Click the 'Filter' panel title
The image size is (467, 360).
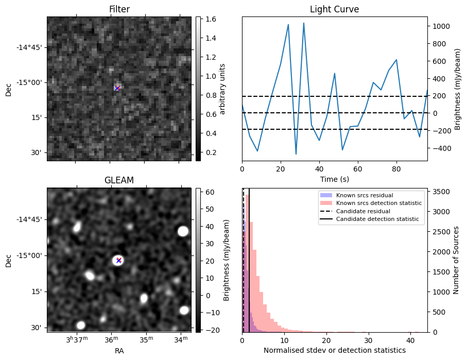pos(119,9)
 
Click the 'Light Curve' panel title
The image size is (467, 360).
pos(335,9)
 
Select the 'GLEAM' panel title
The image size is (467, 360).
pos(119,180)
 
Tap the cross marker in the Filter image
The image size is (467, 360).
pos(117,88)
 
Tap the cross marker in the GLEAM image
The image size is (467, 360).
pos(119,261)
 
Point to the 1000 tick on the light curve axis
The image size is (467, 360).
pos(439,26)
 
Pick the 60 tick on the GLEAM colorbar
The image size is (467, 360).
pos(210,192)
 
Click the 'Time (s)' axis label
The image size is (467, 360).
pos(335,179)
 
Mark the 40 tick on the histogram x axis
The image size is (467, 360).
pos(410,340)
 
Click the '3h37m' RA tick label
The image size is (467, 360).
pos(77,339)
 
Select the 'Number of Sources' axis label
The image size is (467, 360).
pos(456,260)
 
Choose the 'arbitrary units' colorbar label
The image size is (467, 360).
pos(222,89)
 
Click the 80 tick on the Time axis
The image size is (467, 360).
pos(396,169)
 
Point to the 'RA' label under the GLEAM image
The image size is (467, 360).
pos(119,351)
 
